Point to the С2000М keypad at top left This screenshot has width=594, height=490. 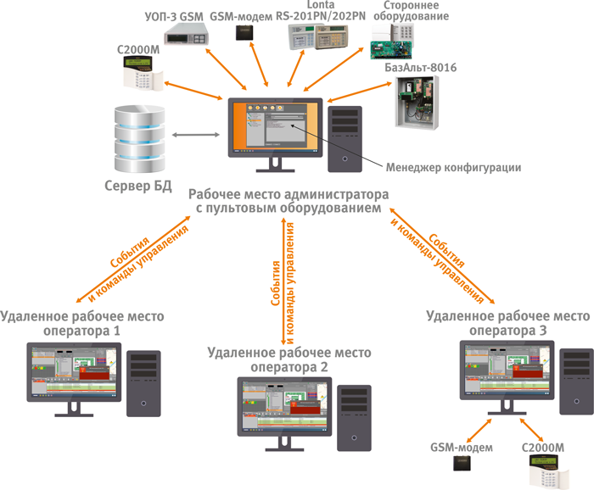click(140, 76)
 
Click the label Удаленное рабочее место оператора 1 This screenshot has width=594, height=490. click(82, 323)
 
